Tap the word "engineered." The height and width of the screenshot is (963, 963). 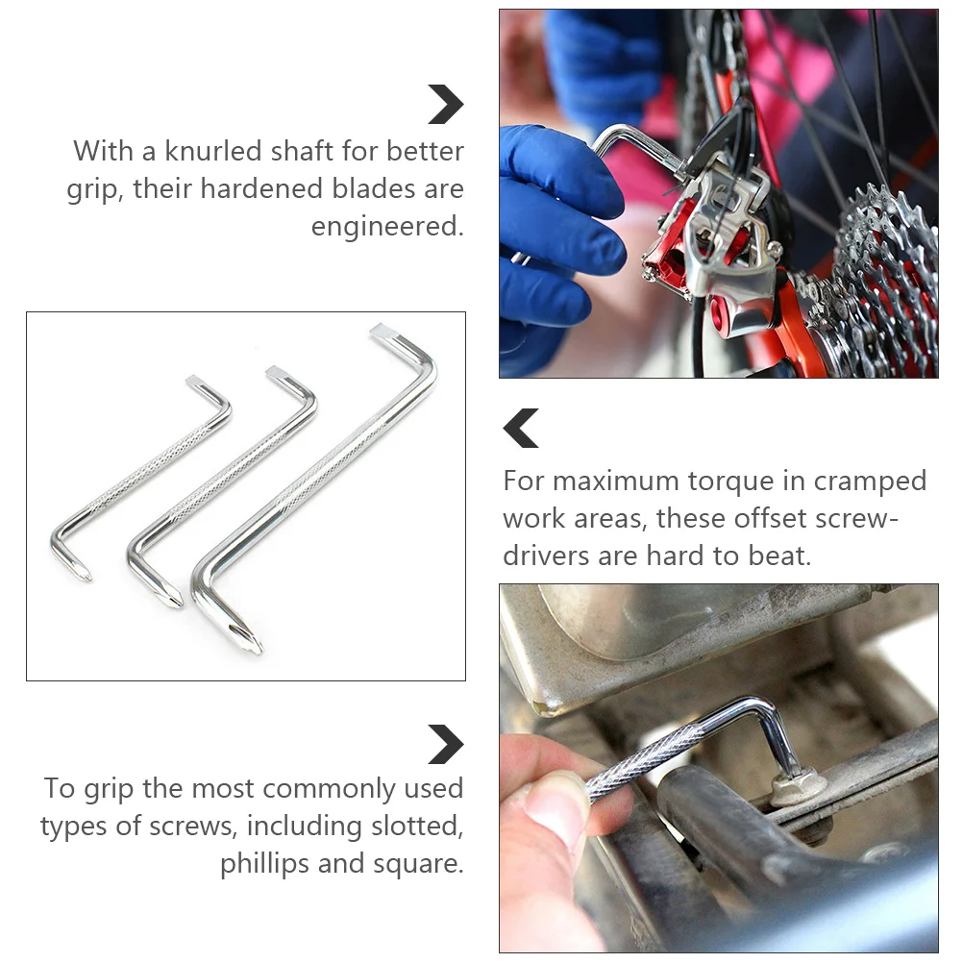pos(387,227)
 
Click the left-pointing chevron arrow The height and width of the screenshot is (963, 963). pos(521,428)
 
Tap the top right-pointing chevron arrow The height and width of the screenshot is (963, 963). pos(445,104)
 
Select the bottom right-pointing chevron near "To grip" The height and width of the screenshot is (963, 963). pos(445,744)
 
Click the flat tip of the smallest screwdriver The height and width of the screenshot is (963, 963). pos(195,381)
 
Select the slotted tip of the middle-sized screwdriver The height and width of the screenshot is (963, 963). pos(277,372)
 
